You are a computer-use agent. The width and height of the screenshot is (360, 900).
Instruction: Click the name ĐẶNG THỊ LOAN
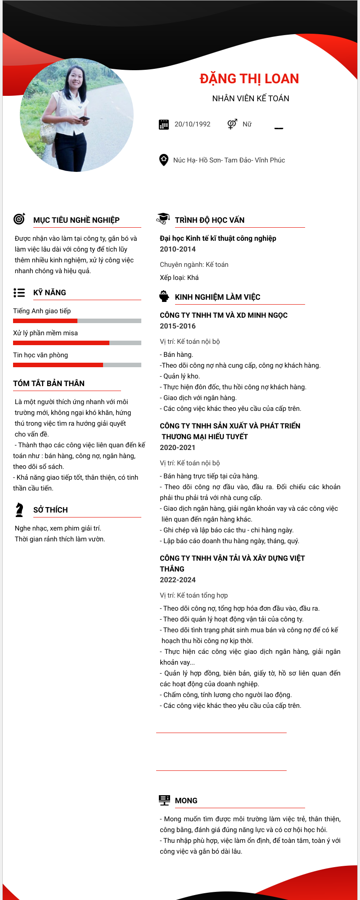249,79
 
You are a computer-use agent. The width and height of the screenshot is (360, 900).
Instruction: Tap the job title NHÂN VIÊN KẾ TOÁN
251,99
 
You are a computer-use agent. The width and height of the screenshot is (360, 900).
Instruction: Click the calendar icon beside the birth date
164,125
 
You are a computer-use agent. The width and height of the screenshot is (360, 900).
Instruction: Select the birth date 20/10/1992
193,124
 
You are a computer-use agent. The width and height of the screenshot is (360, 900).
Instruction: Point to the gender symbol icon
232,124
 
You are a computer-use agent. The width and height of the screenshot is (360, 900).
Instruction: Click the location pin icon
164,160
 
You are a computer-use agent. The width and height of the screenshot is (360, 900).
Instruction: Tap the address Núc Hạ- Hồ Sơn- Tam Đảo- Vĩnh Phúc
229,160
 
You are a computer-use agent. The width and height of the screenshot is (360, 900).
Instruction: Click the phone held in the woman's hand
84,119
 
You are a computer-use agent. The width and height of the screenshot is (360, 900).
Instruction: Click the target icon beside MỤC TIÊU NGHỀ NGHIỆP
19,219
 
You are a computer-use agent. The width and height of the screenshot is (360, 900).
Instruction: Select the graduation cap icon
163,219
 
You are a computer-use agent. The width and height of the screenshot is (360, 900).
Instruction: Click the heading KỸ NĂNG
49,292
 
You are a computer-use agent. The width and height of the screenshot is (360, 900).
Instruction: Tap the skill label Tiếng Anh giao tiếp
42,311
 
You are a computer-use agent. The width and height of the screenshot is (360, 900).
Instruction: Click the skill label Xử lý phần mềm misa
45,333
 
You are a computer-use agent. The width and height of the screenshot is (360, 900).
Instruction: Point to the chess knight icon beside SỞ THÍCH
19,509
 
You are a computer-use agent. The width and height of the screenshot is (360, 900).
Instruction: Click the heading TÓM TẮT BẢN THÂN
49,383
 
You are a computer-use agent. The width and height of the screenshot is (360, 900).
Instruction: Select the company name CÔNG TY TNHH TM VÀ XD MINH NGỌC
224,315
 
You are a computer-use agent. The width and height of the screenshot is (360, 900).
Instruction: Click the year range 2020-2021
178,448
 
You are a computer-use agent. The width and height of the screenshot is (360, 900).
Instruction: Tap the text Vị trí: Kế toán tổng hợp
194,595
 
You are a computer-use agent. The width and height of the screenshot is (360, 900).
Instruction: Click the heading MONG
186,801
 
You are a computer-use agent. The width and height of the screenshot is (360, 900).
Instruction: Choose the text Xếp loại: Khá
179,278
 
